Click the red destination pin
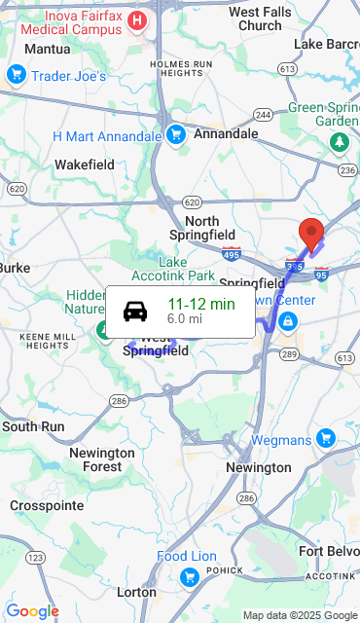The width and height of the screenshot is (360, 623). pyautogui.click(x=310, y=235)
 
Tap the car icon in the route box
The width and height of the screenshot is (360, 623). pyautogui.click(x=135, y=311)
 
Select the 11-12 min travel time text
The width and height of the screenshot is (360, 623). pyautogui.click(x=201, y=304)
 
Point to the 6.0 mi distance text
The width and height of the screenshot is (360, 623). pyautogui.click(x=185, y=318)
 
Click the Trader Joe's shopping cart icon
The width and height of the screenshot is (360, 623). pyautogui.click(x=16, y=75)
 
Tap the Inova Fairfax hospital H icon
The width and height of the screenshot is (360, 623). pyautogui.click(x=138, y=20)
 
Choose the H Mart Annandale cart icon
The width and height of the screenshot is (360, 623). pyautogui.click(x=175, y=135)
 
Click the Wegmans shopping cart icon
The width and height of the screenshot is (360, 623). pyautogui.click(x=323, y=440)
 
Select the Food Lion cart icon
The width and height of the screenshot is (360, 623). pyautogui.click(x=190, y=578)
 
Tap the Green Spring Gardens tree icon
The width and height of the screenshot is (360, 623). pyautogui.click(x=339, y=143)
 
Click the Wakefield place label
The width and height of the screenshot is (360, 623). pyautogui.click(x=85, y=165)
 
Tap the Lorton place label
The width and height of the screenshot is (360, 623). pyautogui.click(x=136, y=591)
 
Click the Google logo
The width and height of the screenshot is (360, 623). pyautogui.click(x=32, y=611)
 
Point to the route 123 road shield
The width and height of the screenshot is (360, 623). pyautogui.click(x=35, y=558)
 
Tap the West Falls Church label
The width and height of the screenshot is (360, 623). pyautogui.click(x=259, y=18)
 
